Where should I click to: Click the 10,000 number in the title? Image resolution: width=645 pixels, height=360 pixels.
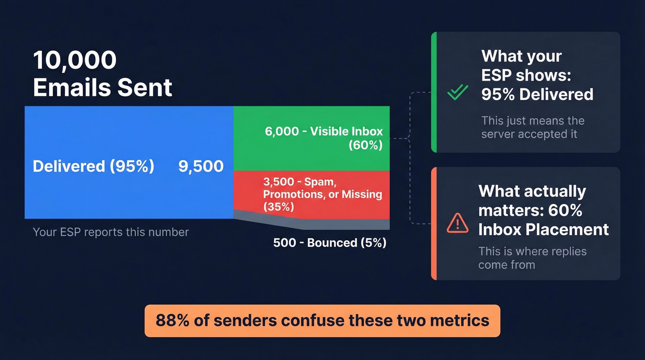click(x=75, y=60)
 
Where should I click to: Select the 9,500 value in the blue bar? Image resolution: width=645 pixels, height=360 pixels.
click(x=201, y=166)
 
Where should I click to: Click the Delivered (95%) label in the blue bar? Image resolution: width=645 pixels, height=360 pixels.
click(x=94, y=166)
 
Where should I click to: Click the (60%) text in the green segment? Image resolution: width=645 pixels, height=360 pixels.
click(x=365, y=145)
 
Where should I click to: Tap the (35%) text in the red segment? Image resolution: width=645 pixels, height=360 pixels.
click(x=278, y=207)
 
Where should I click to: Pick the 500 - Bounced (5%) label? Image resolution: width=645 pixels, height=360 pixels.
click(x=329, y=242)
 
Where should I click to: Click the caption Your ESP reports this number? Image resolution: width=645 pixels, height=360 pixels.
click(x=111, y=232)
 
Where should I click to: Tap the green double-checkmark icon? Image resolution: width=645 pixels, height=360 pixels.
click(x=457, y=93)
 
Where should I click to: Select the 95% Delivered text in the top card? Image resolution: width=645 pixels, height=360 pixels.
click(x=537, y=94)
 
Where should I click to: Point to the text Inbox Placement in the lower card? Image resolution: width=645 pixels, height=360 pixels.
click(x=544, y=230)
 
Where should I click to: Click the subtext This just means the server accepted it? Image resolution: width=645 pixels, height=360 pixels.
click(x=533, y=128)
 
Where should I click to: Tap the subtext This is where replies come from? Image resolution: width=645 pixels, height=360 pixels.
click(x=532, y=258)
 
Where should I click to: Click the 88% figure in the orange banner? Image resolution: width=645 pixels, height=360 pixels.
click(x=172, y=320)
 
